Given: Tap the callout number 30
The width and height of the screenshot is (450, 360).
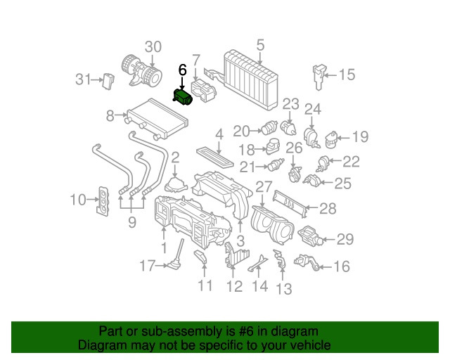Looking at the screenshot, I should pos(153,48).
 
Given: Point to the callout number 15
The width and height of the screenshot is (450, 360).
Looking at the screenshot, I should pos(347,75).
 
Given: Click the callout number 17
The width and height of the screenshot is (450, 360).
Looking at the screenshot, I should pos(146,266).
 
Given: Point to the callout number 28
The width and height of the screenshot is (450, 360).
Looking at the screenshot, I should pos(328,208).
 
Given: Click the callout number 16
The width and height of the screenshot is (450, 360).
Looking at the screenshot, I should pos(341,266).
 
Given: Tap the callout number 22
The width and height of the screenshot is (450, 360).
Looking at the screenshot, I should pos(350,162).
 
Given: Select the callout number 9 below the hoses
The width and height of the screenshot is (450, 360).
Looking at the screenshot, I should pos(131,224).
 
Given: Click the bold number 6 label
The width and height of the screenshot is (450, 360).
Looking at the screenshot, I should pos(183,70).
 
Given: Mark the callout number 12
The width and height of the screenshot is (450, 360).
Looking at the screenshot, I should pos(234,286).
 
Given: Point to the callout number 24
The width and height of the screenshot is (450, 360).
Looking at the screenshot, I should pos(312,109).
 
